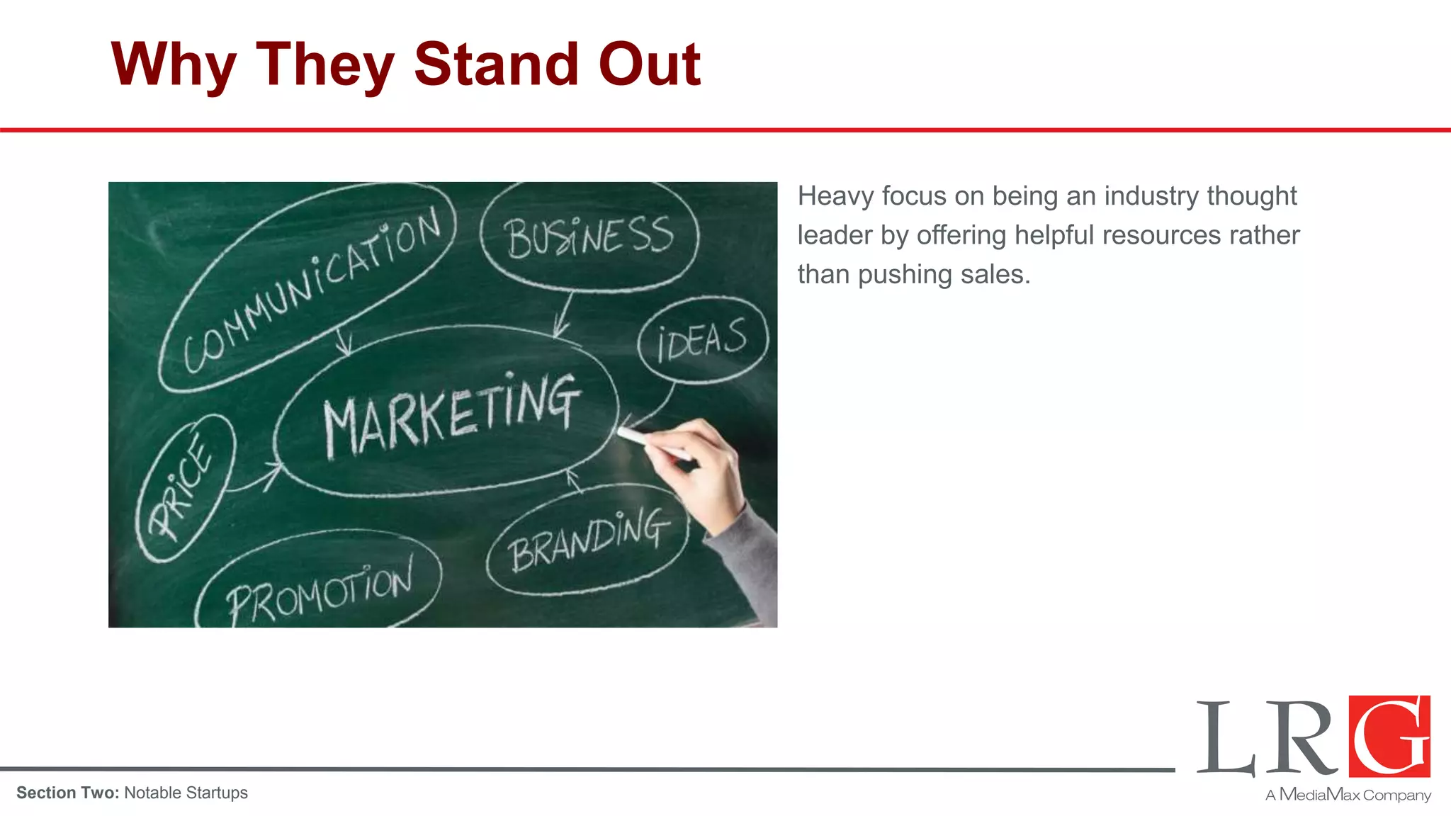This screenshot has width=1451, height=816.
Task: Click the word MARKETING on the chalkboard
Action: [451, 416]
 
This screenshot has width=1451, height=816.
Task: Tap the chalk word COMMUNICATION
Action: [312, 290]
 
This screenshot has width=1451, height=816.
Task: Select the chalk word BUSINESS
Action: [589, 237]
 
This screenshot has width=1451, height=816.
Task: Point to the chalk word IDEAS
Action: [701, 340]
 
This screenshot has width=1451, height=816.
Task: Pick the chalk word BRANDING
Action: [589, 540]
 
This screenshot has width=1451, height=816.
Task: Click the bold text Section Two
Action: [68, 793]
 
